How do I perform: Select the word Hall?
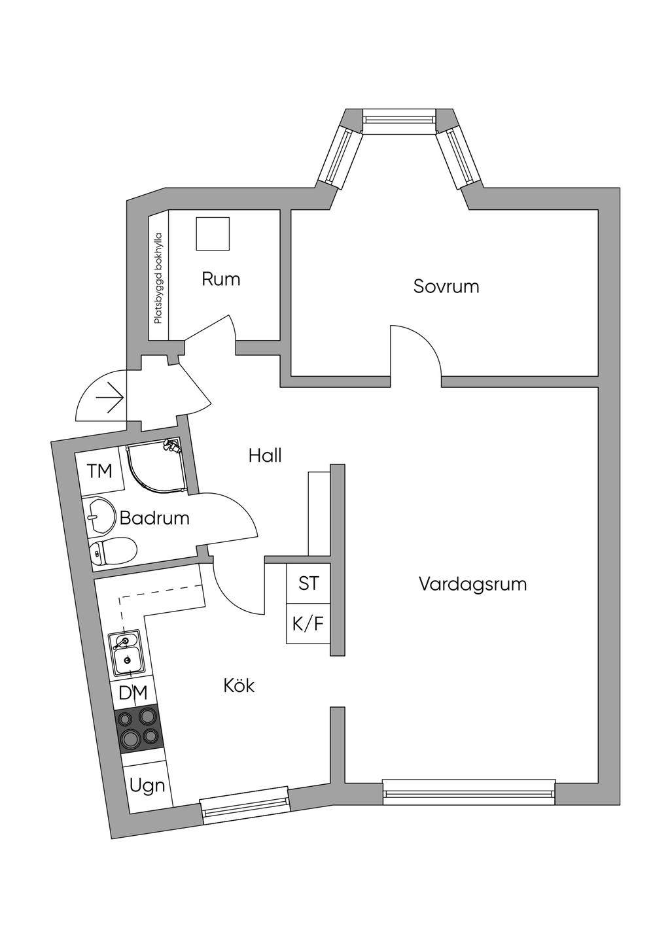pos(265,456)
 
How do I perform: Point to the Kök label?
pos(239,697)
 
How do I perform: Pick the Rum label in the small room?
pos(220,279)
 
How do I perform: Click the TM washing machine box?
pos(100,470)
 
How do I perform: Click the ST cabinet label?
pos(308,583)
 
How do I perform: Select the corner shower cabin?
pos(155,464)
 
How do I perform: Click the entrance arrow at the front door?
pos(109,398)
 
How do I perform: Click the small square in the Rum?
pos(213,233)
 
